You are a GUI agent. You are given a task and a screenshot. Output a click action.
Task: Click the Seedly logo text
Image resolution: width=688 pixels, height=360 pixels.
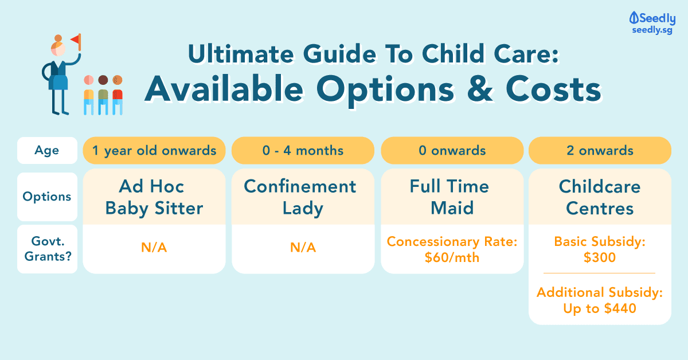click(x=657, y=18)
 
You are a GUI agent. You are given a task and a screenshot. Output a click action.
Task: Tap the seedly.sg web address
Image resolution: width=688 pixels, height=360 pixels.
click(x=652, y=30)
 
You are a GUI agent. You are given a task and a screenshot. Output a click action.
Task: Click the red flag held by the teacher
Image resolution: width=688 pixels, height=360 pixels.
click(x=76, y=41)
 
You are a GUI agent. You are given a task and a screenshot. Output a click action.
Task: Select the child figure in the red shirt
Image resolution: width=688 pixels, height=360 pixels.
click(x=118, y=95)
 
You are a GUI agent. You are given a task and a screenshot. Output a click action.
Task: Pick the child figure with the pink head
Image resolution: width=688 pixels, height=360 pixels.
click(x=89, y=95)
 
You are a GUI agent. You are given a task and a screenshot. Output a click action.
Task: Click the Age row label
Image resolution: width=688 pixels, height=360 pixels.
click(x=47, y=151)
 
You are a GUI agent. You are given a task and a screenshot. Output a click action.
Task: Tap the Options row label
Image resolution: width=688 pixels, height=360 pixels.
click(x=47, y=197)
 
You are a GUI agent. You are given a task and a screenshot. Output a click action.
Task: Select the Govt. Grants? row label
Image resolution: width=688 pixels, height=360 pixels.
click(x=48, y=249)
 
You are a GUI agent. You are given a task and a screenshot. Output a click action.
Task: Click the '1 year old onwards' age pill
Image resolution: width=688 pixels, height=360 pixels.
click(x=154, y=151)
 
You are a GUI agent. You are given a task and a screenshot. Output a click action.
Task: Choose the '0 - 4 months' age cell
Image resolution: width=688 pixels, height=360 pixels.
click(x=303, y=151)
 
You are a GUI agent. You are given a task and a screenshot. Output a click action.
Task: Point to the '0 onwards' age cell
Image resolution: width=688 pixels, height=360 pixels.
click(x=452, y=151)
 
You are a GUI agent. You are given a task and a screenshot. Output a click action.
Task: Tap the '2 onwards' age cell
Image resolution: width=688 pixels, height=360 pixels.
click(x=600, y=151)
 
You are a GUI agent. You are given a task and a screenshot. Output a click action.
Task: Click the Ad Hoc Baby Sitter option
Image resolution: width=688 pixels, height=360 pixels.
click(x=154, y=197)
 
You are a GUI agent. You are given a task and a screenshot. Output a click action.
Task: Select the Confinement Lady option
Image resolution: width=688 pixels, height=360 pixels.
click(x=300, y=197)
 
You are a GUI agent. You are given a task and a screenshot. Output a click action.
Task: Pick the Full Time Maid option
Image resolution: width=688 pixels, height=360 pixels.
click(x=450, y=197)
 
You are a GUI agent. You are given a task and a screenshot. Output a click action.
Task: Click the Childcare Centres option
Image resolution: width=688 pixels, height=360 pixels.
click(x=600, y=197)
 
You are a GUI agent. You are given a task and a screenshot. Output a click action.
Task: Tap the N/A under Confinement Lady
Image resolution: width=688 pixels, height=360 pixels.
click(x=303, y=247)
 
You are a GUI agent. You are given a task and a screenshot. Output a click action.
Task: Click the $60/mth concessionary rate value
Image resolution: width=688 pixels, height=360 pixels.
click(x=452, y=257)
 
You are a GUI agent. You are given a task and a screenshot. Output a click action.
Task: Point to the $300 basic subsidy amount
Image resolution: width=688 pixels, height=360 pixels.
click(x=600, y=257)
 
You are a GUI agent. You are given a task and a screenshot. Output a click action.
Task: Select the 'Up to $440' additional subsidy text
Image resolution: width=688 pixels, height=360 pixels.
click(x=600, y=308)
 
